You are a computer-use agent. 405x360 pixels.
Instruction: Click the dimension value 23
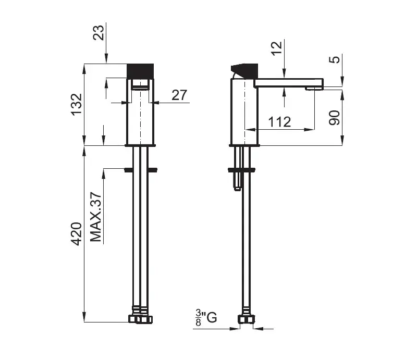click(99, 32)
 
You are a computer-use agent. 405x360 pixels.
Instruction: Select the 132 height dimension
click(77, 104)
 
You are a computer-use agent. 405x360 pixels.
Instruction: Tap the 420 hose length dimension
click(77, 234)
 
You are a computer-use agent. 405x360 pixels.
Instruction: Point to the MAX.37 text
click(96, 217)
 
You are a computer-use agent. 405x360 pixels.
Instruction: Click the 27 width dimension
click(179, 95)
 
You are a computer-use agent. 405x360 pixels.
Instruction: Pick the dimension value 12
click(277, 48)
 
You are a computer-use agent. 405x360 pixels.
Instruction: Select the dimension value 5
click(335, 59)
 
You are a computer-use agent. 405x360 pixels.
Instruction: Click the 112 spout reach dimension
click(279, 121)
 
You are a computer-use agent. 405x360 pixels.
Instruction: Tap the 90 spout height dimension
click(335, 118)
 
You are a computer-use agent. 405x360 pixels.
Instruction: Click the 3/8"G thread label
click(206, 318)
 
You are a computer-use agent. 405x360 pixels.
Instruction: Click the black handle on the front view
click(140, 71)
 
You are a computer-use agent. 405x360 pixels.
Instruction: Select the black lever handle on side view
click(244, 71)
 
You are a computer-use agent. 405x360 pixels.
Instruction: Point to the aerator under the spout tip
click(314, 89)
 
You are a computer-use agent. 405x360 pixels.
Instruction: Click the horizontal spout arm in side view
click(289, 83)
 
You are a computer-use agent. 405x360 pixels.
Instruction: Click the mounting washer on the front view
click(141, 170)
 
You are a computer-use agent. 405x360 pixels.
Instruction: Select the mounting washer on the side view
click(241, 170)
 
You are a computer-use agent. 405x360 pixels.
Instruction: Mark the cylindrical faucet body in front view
click(140, 111)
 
